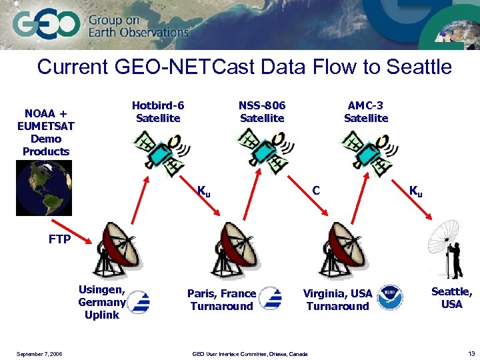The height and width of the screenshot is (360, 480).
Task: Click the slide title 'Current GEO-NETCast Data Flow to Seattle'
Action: [244, 67]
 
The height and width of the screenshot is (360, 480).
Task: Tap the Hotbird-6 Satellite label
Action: [158, 111]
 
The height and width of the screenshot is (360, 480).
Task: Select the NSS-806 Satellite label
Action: [262, 111]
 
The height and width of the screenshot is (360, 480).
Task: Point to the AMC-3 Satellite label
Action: [366, 111]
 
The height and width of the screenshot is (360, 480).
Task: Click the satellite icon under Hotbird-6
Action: [159, 150]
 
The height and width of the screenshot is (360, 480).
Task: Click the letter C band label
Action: [317, 191]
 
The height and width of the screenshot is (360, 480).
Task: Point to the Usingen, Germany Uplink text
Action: [102, 302]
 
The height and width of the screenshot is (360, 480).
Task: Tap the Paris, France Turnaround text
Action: [221, 300]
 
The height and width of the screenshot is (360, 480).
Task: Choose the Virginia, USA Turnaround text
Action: [337, 300]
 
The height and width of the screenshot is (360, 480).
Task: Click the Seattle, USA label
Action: [451, 297]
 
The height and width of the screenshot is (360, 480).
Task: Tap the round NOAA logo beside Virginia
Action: [390, 298]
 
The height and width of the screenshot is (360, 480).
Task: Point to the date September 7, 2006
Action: [39, 354]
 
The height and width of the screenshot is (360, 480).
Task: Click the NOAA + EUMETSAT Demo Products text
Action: [46, 132]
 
